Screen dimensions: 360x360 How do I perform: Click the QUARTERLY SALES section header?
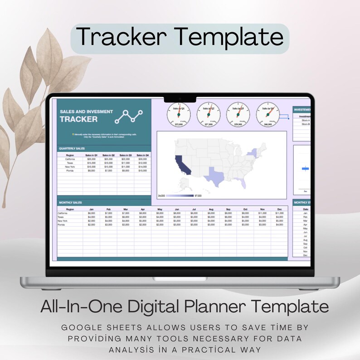click(x=72, y=148)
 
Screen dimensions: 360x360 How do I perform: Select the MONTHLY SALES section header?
click(x=70, y=202)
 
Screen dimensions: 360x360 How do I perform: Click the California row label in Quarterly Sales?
click(x=70, y=159)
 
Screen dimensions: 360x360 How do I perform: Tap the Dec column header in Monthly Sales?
click(x=279, y=209)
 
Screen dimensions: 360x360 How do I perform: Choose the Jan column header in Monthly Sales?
click(x=91, y=209)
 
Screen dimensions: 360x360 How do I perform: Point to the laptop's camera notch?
click(x=180, y=98)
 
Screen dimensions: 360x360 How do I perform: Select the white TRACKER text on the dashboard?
click(x=78, y=119)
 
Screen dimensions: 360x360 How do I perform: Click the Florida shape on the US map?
click(x=244, y=183)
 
